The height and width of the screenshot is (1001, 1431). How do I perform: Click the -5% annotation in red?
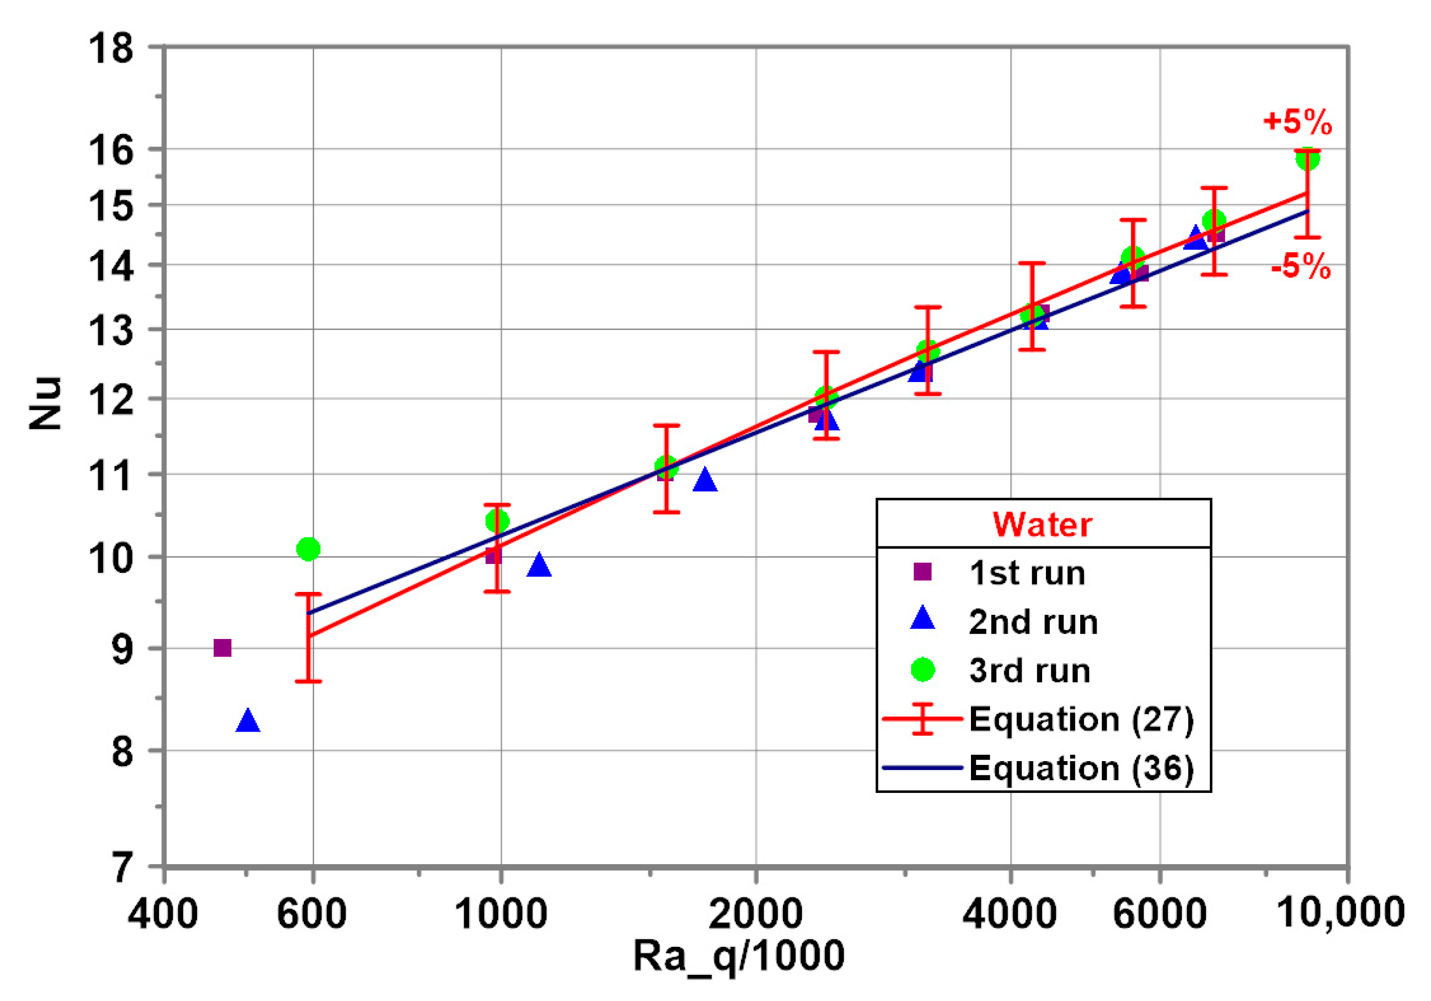[1301, 268]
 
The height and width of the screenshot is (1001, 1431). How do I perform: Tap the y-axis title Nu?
[46, 403]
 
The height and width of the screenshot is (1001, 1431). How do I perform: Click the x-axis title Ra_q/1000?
[739, 956]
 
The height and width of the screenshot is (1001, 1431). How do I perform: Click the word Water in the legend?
[1042, 524]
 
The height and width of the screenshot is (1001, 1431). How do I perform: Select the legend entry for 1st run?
[1026, 572]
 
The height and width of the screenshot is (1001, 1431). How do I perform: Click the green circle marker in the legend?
[923, 670]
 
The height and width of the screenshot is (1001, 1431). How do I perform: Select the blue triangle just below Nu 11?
[705, 481]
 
